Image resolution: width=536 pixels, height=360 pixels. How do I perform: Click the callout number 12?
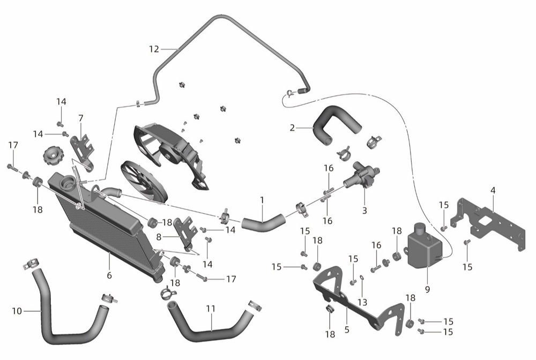(x=154, y=49)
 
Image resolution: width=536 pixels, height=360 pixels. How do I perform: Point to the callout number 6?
(x=109, y=275)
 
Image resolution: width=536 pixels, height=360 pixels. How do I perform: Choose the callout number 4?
(x=493, y=191)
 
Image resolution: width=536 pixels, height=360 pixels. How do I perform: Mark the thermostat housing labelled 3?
(x=362, y=175)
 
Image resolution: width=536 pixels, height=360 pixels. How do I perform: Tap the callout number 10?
(x=17, y=311)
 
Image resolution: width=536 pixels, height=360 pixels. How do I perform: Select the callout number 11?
(x=211, y=309)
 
